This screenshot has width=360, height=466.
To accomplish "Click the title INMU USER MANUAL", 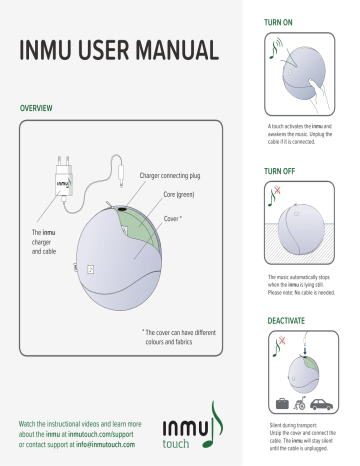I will [x=117, y=48].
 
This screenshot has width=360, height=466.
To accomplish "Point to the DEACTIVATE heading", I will [x=288, y=321].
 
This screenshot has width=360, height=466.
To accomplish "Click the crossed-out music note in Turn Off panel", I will [x=276, y=197].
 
